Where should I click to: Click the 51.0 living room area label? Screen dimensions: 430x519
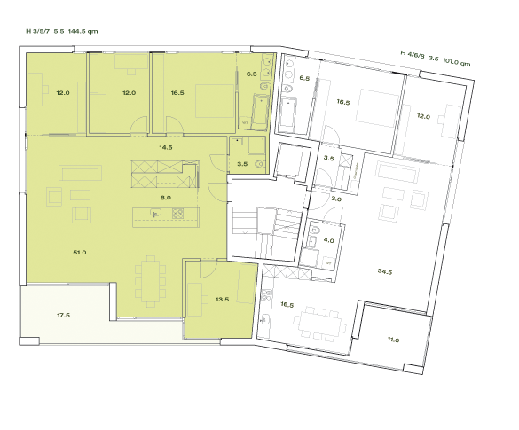[79, 253]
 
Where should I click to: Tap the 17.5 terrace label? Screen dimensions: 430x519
[63, 315]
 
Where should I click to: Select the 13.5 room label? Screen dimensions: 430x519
[222, 300]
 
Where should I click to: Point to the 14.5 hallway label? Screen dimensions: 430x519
[164, 146]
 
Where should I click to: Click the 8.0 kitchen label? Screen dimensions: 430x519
[165, 198]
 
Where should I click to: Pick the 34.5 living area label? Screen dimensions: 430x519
[385, 270]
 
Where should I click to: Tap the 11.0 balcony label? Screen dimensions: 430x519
[394, 340]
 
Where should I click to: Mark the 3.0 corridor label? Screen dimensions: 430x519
[336, 199]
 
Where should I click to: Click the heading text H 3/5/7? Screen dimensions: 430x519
[38, 31]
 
